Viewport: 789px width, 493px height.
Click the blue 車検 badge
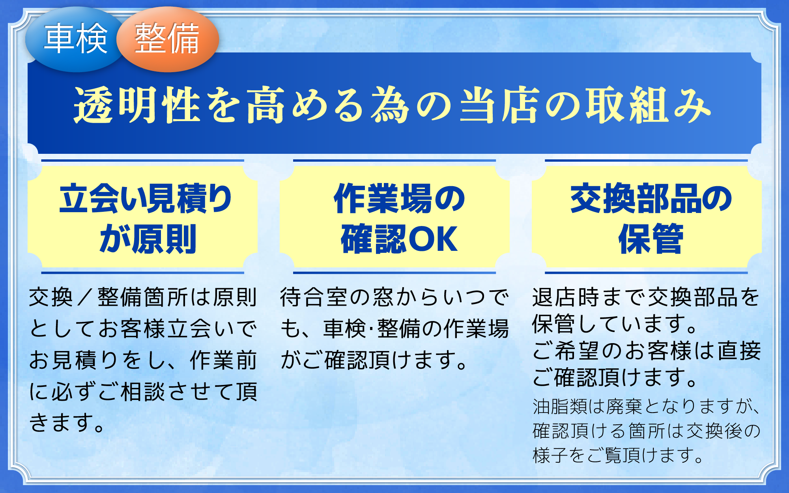coord(75,39)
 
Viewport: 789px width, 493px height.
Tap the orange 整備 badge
coord(167,39)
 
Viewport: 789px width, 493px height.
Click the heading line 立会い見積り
coord(146,198)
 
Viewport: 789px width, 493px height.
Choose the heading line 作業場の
coord(399,198)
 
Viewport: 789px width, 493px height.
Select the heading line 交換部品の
coord(651,198)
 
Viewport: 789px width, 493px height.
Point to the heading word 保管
coord(651,239)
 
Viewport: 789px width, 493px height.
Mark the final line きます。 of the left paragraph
coord(67,423)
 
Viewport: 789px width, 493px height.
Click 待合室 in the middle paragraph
coord(314,297)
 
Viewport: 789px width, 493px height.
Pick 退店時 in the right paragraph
coord(566,297)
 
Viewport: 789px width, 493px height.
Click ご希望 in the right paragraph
coord(566,351)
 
